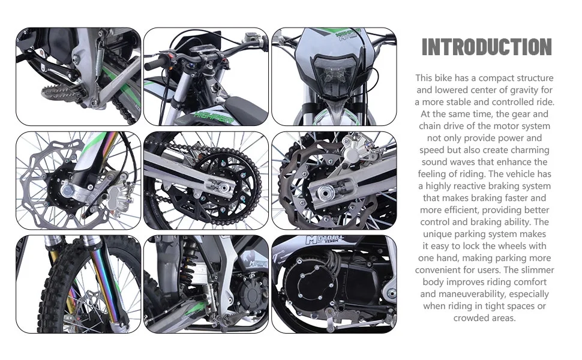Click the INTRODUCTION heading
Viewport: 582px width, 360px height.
[486, 47]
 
